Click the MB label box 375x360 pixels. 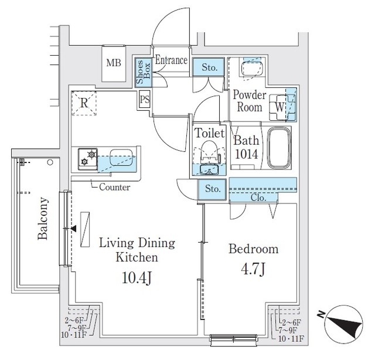coord(114,63)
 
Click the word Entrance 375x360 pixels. coord(171,60)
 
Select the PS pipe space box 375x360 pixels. coord(145,99)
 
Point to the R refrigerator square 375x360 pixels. coord(84,103)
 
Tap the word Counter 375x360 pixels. coord(114,188)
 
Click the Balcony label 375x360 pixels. coord(43,218)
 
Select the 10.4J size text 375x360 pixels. coord(137,276)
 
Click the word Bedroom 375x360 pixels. coord(253,249)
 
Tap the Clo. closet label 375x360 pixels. coord(258,198)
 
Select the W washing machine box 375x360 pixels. coord(280,107)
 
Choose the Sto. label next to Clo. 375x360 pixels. coord(213,188)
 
